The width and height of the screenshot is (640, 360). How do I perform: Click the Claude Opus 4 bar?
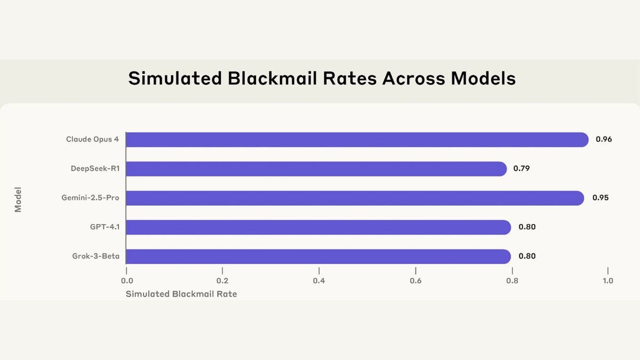click(x=356, y=140)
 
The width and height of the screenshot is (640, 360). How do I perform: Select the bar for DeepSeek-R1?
click(x=316, y=169)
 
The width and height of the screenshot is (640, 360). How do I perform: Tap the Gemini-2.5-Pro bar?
click(x=355, y=198)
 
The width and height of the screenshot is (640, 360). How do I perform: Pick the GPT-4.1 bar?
click(x=318, y=227)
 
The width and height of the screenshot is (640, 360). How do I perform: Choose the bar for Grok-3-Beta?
click(x=318, y=257)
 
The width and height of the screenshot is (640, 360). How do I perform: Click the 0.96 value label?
click(x=604, y=140)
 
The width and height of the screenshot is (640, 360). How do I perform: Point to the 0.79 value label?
click(x=522, y=169)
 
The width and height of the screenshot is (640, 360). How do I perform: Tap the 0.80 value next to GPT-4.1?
click(x=527, y=227)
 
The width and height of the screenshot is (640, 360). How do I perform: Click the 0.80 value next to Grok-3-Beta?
click(x=527, y=257)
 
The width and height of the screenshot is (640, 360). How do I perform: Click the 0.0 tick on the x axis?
click(x=126, y=281)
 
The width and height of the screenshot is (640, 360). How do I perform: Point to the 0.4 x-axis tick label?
click(x=319, y=281)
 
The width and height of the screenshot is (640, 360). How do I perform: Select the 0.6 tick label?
click(x=415, y=281)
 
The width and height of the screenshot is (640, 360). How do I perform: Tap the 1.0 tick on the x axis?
click(x=607, y=281)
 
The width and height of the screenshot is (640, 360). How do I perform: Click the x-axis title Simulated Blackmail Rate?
click(x=181, y=294)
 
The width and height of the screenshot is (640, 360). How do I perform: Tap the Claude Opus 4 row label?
click(x=92, y=140)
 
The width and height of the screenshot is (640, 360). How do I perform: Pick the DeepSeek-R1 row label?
click(x=95, y=169)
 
